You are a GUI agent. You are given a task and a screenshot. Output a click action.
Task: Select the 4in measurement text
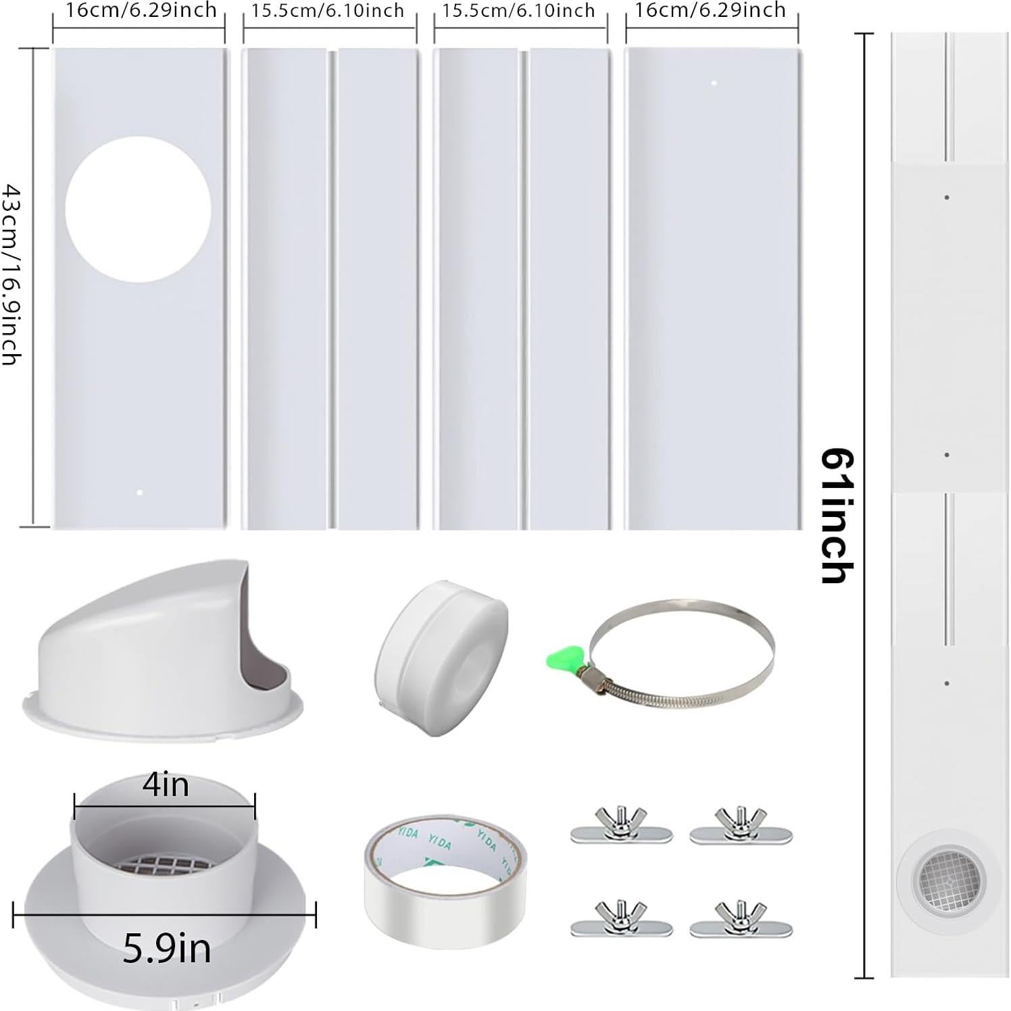[165, 785]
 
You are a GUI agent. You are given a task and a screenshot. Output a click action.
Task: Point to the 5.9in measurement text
[166, 948]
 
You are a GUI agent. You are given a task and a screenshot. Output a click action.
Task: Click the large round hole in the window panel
[138, 209]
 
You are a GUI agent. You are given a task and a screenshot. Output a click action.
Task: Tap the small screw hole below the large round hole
[139, 493]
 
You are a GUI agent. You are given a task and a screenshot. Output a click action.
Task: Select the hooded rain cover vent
[162, 649]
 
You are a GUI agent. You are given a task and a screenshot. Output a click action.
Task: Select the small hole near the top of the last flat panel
[714, 83]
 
